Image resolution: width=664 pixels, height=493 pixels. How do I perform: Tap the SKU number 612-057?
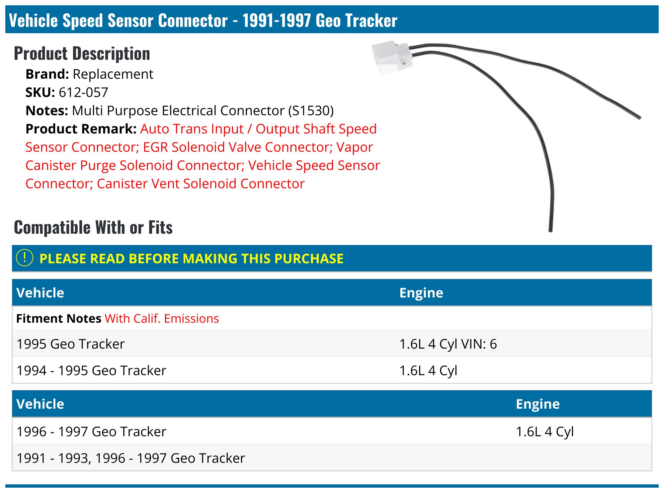[x=83, y=92]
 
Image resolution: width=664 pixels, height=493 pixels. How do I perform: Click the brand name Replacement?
[x=113, y=74]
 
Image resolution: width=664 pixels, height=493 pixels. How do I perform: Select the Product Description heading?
[x=82, y=53]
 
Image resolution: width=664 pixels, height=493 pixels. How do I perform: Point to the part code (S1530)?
[x=311, y=111]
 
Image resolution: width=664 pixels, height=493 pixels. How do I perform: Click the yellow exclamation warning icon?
[x=25, y=258]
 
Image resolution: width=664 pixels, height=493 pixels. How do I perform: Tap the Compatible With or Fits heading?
[x=93, y=227]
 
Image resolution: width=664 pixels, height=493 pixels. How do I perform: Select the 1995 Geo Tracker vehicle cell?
[x=71, y=344]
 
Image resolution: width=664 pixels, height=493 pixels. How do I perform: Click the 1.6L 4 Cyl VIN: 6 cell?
[x=448, y=344]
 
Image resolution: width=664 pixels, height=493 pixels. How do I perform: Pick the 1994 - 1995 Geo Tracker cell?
[x=91, y=370]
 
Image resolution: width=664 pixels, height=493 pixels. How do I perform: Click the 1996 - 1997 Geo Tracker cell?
[x=91, y=432]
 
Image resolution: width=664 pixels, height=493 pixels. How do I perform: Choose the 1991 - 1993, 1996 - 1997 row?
[x=131, y=458]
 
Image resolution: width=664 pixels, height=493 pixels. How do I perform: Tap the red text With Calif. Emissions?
[x=162, y=318]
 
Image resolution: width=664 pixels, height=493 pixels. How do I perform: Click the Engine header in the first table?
[x=421, y=293]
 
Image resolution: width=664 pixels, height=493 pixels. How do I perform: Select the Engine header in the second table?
[x=538, y=404]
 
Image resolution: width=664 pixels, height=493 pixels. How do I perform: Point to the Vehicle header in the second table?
[x=40, y=404]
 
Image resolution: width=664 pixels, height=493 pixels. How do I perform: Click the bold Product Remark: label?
[x=81, y=129]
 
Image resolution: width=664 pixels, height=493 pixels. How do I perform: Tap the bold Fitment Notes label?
[x=59, y=318]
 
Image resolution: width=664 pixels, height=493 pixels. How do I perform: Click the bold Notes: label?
[x=47, y=111]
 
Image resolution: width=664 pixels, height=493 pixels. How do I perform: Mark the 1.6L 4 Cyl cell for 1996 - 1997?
[x=544, y=432]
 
